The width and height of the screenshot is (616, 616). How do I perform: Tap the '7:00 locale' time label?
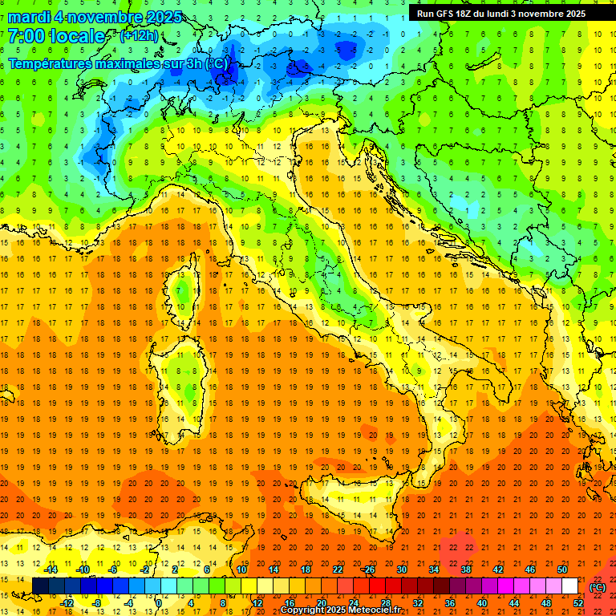point(56,36)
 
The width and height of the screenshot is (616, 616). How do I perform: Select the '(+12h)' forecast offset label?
point(139,36)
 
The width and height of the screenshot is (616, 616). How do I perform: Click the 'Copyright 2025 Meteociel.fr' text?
point(340,610)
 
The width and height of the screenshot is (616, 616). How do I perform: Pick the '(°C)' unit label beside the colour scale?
point(598,587)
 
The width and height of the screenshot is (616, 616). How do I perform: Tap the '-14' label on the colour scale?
point(50,569)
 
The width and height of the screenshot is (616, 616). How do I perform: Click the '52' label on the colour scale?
point(578,602)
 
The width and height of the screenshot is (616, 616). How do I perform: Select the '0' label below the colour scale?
point(159,602)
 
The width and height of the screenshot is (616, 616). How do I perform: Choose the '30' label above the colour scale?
point(401,569)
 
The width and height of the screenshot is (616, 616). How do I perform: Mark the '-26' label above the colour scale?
point(368,569)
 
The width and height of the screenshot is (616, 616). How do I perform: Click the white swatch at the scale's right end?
point(570,586)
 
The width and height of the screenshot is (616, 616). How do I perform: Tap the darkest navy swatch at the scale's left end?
point(41,586)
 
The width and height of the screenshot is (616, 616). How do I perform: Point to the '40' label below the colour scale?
point(482,602)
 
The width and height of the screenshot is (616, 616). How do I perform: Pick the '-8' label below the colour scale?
point(98,602)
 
